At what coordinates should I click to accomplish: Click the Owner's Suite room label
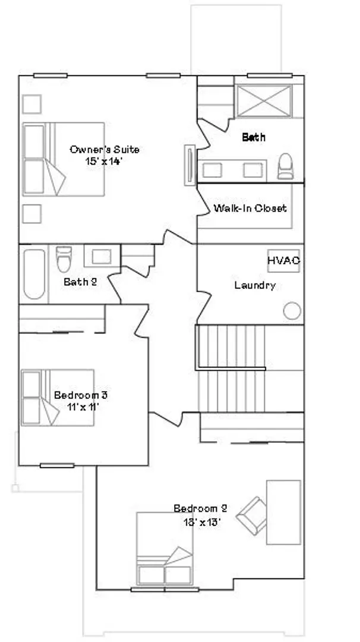point(105,149)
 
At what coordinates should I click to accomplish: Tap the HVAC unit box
point(283,261)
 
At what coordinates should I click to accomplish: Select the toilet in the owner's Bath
point(285,166)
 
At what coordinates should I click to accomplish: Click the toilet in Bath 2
point(64,259)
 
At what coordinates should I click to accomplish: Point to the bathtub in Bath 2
point(34,274)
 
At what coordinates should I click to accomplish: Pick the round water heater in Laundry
point(292,311)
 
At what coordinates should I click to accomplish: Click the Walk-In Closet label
point(250,208)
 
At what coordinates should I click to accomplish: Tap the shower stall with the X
point(264,100)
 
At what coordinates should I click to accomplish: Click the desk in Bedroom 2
point(283,512)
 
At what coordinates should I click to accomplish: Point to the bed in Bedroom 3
point(58,398)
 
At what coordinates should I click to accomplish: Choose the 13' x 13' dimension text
point(202,522)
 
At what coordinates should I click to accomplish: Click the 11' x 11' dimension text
point(83,407)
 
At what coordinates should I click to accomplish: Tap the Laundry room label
point(255,285)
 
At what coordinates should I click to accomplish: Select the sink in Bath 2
point(102,256)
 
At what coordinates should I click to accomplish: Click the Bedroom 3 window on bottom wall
point(57,465)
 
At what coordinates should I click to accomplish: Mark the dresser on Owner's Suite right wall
point(190,165)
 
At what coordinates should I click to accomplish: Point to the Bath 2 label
point(80,282)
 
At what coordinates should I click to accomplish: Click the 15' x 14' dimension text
point(104,161)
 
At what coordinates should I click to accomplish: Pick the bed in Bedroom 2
point(165,548)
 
